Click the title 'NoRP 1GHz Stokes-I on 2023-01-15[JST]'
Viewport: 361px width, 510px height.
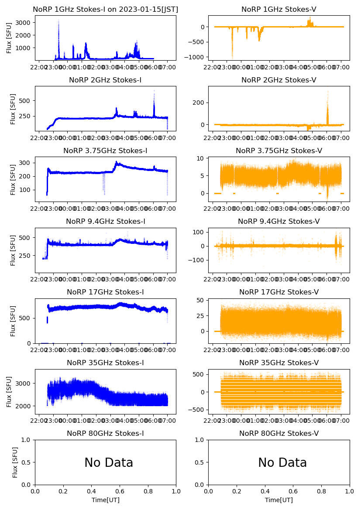click(106, 9)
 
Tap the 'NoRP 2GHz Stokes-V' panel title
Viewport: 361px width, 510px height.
click(278, 80)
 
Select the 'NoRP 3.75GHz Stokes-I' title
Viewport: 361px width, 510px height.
click(105, 151)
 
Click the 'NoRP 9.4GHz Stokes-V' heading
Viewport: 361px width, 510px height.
click(278, 221)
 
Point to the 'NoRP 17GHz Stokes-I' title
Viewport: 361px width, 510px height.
click(105, 292)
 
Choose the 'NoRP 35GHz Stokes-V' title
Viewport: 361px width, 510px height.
click(278, 363)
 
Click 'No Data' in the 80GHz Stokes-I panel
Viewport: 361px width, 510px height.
click(109, 462)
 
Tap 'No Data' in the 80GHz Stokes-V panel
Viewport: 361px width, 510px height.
click(282, 462)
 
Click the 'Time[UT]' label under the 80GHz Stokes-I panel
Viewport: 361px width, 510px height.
click(106, 500)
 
